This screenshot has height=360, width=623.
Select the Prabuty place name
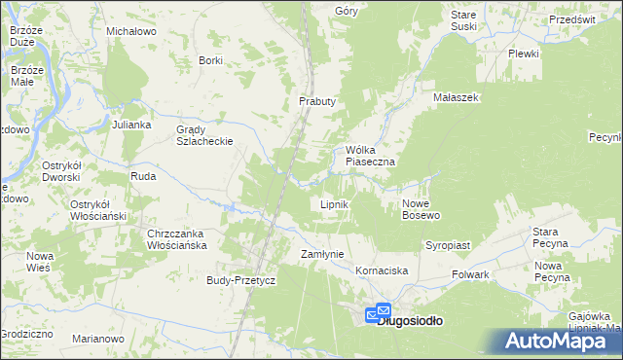point(316,101)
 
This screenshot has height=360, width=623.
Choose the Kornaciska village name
point(381,270)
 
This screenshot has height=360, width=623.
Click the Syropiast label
point(448,246)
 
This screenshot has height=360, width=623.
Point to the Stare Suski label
point(464,21)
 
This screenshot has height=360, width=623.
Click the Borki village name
point(210,60)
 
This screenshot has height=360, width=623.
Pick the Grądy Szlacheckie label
point(203,135)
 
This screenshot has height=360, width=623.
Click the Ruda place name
point(143,177)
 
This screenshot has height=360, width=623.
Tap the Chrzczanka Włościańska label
point(178,240)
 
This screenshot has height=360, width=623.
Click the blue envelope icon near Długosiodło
point(376,314)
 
